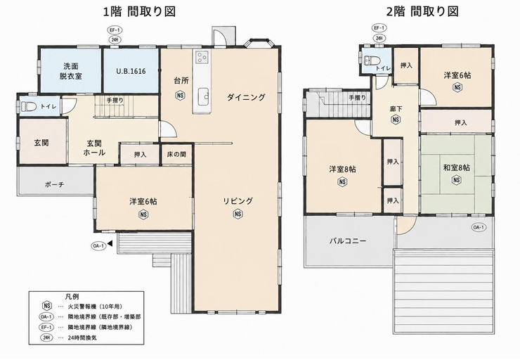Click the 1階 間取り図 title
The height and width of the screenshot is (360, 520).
(139, 12)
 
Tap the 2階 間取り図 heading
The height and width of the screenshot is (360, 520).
(423, 12)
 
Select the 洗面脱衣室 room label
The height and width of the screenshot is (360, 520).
(71, 71)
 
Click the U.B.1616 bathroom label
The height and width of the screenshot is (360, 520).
(131, 71)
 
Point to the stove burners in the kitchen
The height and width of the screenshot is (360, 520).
(202, 58)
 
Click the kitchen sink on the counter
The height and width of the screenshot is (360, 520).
(203, 96)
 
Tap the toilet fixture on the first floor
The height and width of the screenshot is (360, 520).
(28, 106)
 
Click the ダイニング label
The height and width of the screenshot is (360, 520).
(246, 97)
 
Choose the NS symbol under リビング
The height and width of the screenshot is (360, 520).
(238, 214)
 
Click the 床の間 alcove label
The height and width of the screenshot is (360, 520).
(176, 155)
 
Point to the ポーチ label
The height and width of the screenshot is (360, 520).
(54, 184)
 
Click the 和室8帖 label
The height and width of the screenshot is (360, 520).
(457, 167)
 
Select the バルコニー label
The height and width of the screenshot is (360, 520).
(348, 240)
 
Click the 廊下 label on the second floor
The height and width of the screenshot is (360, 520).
(396, 109)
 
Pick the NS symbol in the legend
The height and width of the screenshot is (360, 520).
(47, 306)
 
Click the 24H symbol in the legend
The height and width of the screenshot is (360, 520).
(46, 338)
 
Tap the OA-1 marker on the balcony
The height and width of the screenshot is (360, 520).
(479, 227)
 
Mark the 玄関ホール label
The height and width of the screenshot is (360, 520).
(94, 148)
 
